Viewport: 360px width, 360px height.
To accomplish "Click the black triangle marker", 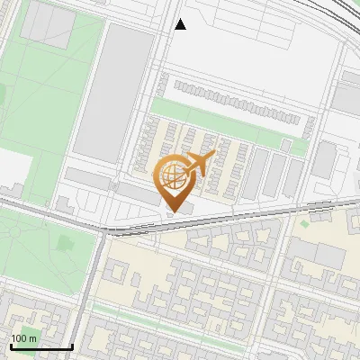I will click(x=180, y=24).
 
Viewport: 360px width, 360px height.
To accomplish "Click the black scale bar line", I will click(x=40, y=346).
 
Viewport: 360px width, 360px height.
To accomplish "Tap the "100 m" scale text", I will click(x=23, y=338).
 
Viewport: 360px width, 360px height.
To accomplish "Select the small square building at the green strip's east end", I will click(x=285, y=145).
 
